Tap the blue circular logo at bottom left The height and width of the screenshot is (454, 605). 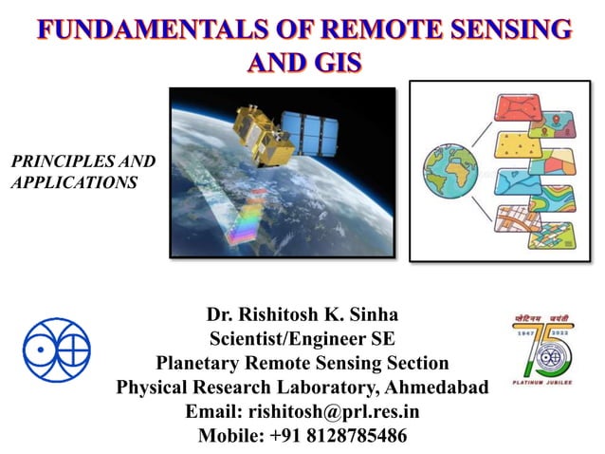click(x=56, y=350)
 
